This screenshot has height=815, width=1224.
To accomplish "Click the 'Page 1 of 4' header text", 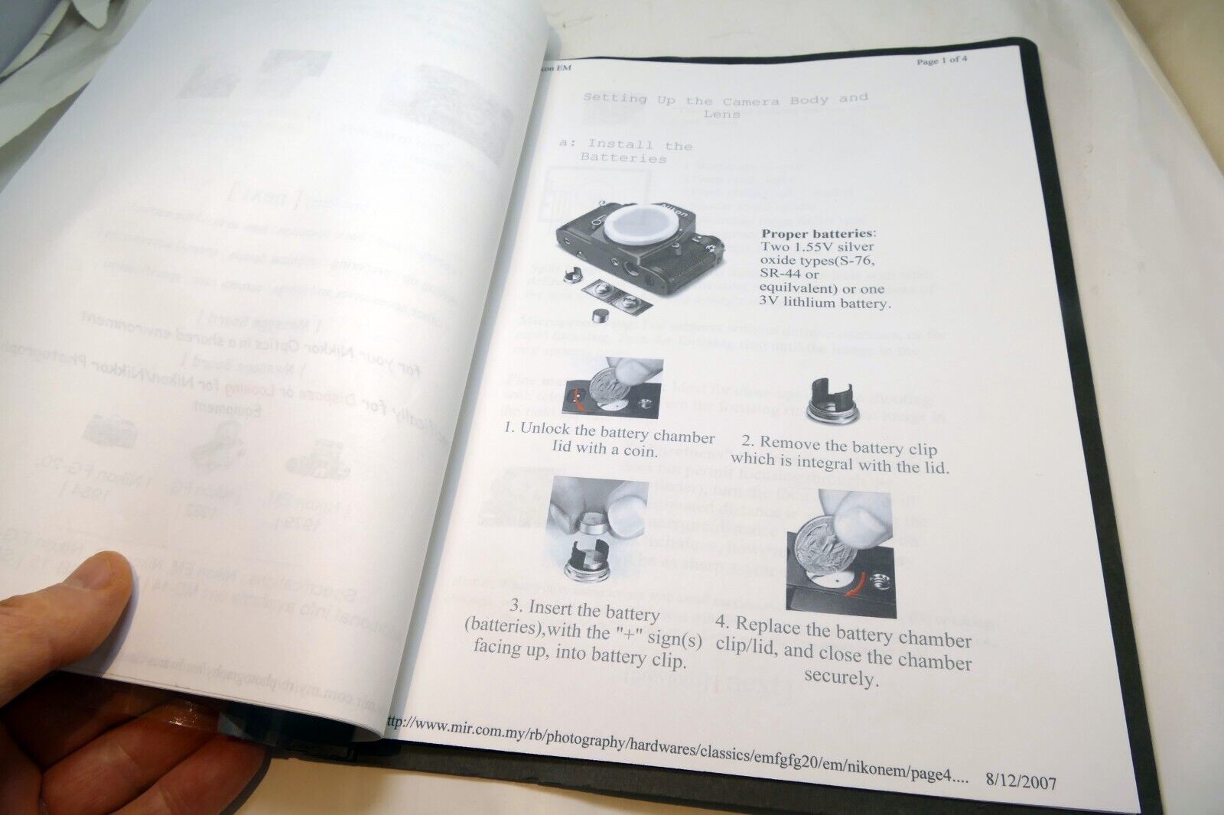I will pos(942,61).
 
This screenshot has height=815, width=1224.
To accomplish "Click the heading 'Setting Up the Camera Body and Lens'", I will pos(725,106).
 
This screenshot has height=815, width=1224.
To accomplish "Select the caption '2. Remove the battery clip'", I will pos(839,454).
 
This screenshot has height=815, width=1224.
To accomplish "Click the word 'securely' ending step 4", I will pos(839,678).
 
